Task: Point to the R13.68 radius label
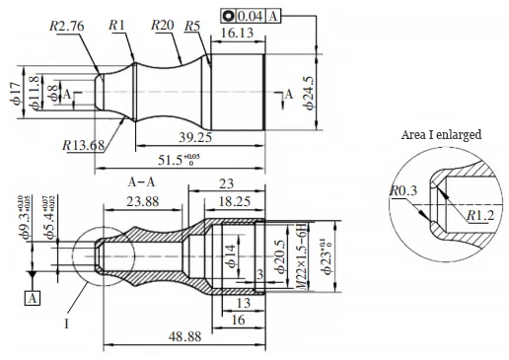click(x=84, y=146)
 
